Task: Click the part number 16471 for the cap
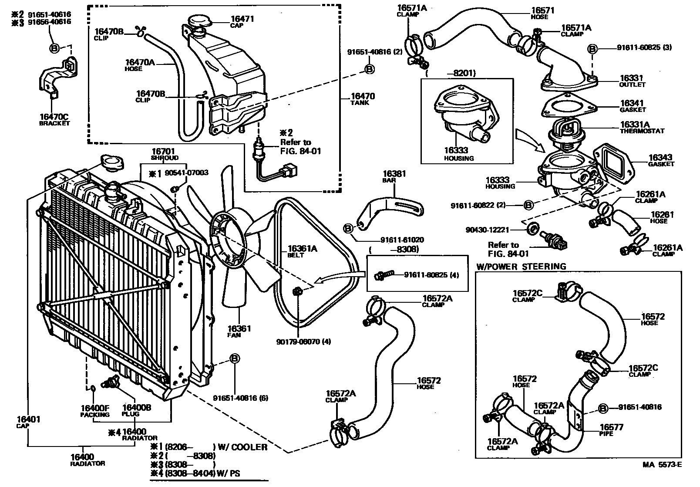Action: coord(242,19)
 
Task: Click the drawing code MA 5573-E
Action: coord(662,477)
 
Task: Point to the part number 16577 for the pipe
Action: coord(612,427)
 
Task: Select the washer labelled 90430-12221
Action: coord(532,228)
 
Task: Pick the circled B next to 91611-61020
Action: coord(349,228)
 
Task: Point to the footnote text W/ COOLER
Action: coord(242,447)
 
